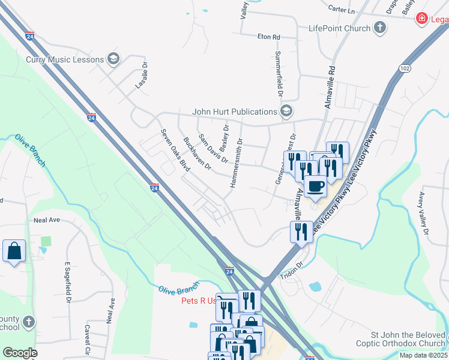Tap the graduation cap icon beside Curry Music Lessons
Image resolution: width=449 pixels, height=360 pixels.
(x=113, y=59)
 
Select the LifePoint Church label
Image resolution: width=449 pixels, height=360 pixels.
(x=339, y=28)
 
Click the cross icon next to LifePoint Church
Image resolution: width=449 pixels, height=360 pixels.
(x=379, y=28)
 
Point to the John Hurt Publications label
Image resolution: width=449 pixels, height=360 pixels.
(x=234, y=111)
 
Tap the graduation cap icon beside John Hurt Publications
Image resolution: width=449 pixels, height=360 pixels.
(x=286, y=111)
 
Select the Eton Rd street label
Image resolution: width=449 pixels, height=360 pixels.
(x=269, y=37)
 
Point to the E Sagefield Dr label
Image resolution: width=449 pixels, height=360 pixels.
(x=68, y=281)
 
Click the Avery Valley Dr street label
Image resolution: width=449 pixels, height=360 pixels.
(x=424, y=213)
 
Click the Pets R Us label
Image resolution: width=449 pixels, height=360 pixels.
(x=198, y=301)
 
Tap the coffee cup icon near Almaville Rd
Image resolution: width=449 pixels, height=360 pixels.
(x=315, y=185)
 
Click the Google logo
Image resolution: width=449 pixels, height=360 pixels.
(x=20, y=353)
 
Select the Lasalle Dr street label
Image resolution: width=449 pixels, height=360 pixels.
(x=141, y=77)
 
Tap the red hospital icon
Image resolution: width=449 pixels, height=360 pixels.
(x=422, y=19)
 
